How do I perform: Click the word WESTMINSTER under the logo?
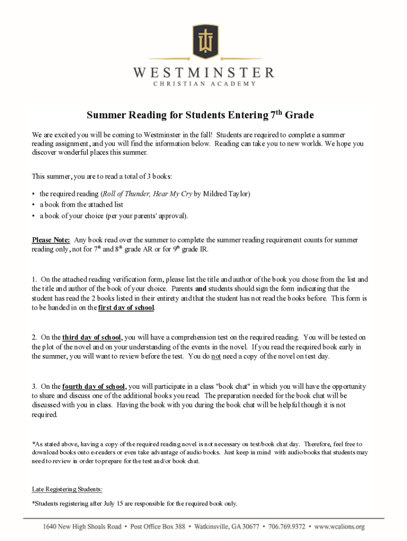pos(203,72)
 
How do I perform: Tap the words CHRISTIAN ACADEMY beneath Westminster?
pos(203,83)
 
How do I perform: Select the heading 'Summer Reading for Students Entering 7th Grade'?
pos(200,115)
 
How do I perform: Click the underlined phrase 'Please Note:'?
pos(51,240)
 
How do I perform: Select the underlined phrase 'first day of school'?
pos(126,307)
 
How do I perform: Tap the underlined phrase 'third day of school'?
pos(92,337)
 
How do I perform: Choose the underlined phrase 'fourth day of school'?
pos(94,386)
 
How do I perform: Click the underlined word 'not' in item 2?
pos(216,356)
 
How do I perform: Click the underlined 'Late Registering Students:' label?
pos(67,489)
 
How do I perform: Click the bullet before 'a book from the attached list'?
pos(34,204)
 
